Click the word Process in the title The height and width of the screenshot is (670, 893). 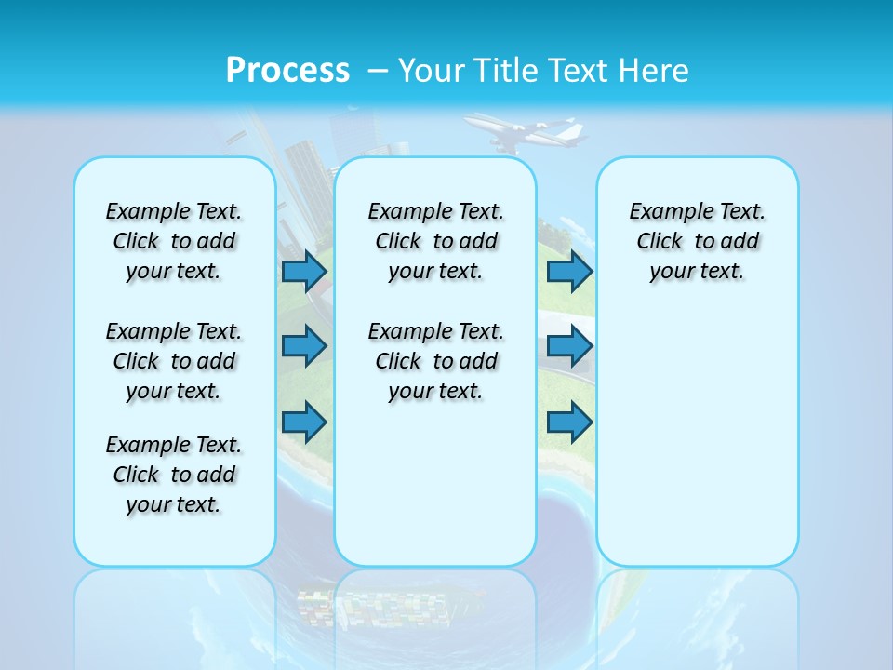(x=287, y=70)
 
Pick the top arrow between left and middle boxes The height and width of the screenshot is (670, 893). (x=304, y=271)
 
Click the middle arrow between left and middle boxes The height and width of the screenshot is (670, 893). (x=304, y=346)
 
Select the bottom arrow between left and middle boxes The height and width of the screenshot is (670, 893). (x=304, y=422)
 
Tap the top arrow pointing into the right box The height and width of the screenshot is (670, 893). (x=569, y=271)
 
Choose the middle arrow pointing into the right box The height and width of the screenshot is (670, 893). (x=569, y=346)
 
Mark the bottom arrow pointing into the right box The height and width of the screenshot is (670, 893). (x=569, y=422)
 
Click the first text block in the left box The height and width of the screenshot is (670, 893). (x=174, y=241)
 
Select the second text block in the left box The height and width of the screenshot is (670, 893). (x=174, y=361)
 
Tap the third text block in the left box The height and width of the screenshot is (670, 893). (x=174, y=475)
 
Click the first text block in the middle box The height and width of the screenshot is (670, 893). (x=435, y=241)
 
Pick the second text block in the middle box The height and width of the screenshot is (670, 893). (x=435, y=361)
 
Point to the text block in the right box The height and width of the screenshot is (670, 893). (x=697, y=241)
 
